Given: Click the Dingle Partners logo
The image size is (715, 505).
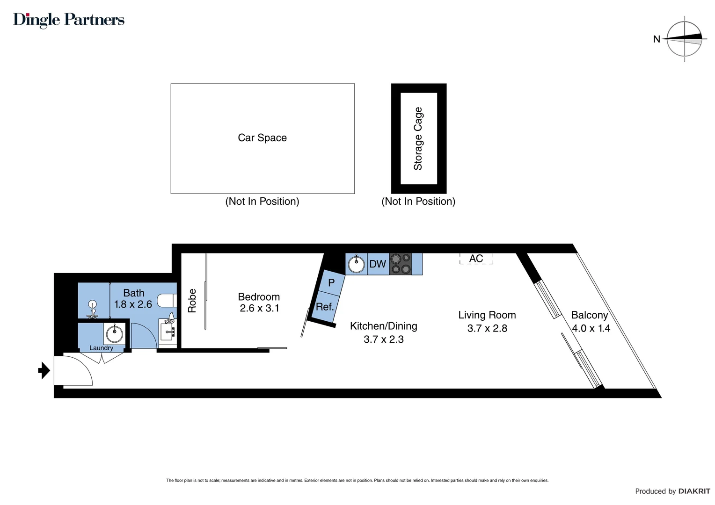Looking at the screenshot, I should click(69, 20).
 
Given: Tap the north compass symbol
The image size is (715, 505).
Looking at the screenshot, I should click(684, 39).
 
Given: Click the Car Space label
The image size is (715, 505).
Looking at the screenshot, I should click(262, 138).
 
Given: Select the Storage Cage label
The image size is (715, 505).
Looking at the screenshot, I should click(418, 138).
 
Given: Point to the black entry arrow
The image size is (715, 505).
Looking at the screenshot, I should click(44, 370).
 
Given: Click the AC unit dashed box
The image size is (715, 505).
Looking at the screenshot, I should click(476, 259).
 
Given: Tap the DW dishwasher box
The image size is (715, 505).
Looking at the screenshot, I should click(378, 264).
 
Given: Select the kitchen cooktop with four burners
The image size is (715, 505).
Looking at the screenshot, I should click(401, 264).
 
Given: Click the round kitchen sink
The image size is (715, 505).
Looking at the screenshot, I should click(357, 264).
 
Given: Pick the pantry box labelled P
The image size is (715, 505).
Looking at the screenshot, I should click(331, 283).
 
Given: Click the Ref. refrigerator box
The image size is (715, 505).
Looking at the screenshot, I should click(325, 307).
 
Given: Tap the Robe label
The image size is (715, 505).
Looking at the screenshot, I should click(192, 301).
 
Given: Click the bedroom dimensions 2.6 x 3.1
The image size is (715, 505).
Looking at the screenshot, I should click(259, 308).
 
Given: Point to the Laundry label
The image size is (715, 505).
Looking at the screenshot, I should click(101, 348).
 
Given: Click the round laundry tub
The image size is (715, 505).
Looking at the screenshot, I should click(114, 334).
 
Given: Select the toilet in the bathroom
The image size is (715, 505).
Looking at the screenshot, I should click(167, 300).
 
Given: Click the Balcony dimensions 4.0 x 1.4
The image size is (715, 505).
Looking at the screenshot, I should click(591, 328).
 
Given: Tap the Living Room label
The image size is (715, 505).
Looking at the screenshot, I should click(487, 315).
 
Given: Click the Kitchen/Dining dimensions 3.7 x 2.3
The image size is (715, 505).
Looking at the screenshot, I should click(383, 339).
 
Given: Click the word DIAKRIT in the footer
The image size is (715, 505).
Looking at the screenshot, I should click(694, 491).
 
